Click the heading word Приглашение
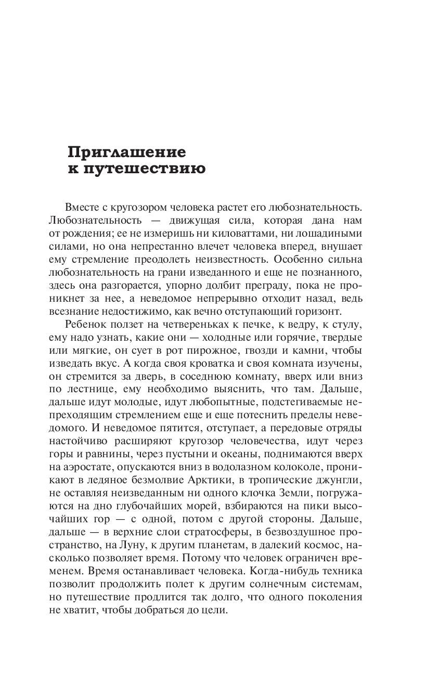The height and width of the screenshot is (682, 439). pyautogui.click(x=126, y=152)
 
